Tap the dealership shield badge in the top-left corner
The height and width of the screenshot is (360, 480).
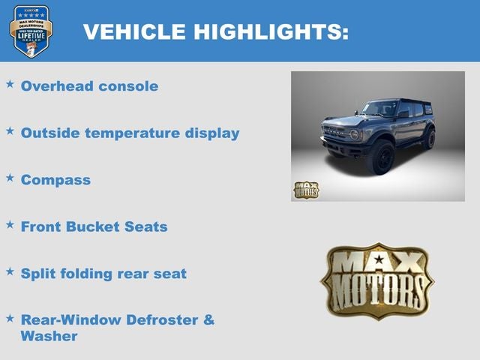click(x=31, y=31)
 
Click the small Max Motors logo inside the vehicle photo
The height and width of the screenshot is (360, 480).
click(x=305, y=190)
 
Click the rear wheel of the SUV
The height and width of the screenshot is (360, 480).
click(x=429, y=138)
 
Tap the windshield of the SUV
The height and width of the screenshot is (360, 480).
click(x=379, y=109)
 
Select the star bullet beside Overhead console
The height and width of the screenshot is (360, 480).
click(x=10, y=84)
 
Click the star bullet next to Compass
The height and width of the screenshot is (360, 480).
click(x=10, y=178)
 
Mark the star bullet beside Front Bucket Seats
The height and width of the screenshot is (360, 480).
click(x=10, y=224)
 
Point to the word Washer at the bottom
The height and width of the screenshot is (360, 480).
click(x=49, y=336)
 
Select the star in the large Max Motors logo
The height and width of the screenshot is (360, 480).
click(x=378, y=260)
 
